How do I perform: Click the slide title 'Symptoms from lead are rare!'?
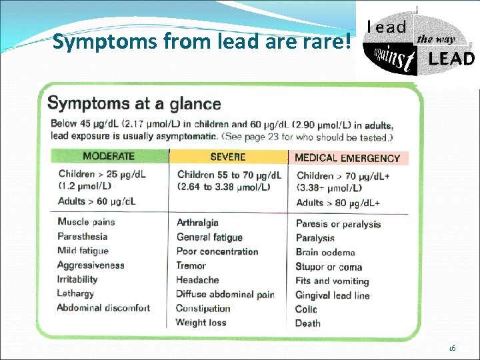[x=201, y=43]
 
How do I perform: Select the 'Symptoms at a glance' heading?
[x=134, y=103]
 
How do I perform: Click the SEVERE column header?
[x=227, y=157]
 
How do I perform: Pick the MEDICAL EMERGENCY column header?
[x=347, y=158]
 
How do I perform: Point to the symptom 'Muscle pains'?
[x=86, y=222]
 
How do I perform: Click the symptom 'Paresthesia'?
[x=82, y=236]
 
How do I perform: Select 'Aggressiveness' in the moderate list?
[x=91, y=265]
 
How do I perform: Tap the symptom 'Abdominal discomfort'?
[x=103, y=308]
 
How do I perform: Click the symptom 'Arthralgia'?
[x=197, y=223]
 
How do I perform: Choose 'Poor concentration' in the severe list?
[x=217, y=251]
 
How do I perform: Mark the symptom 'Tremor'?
[x=191, y=265]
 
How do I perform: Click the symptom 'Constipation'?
[x=203, y=308]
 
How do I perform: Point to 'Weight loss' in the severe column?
[x=201, y=323]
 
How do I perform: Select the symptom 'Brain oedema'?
[x=325, y=253]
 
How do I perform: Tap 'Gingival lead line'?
[x=332, y=295]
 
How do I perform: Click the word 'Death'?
[x=308, y=323]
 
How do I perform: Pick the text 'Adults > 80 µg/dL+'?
[x=338, y=203]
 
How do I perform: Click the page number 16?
[x=451, y=348]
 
